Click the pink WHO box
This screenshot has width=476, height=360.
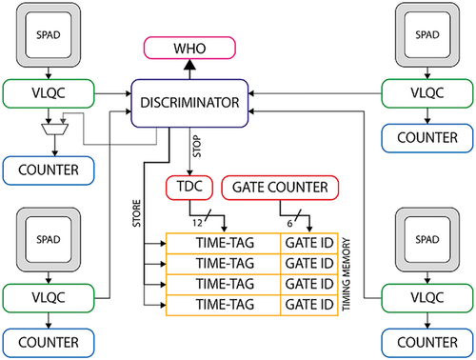pyautogui.click(x=189, y=48)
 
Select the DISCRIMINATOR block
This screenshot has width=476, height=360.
pyautogui.click(x=189, y=103)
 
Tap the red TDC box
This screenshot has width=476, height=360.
pyautogui.click(x=189, y=188)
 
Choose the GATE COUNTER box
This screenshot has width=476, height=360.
pyautogui.click(x=280, y=188)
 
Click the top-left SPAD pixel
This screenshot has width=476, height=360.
pyautogui.click(x=49, y=35)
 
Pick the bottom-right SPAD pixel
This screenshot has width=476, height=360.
pyautogui.click(x=427, y=239)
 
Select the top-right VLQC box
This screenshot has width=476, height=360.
pyautogui.click(x=427, y=93)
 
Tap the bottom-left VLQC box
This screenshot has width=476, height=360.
pyautogui.click(x=49, y=298)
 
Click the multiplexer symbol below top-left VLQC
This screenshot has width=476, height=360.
pyautogui.click(x=55, y=130)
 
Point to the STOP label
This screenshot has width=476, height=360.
pyautogui.click(x=197, y=146)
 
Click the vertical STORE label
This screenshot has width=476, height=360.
pyautogui.click(x=136, y=213)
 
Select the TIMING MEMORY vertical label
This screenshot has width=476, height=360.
pyautogui.click(x=346, y=274)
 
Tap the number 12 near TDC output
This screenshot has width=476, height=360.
pyautogui.click(x=197, y=223)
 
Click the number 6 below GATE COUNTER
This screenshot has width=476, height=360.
pyautogui.click(x=289, y=224)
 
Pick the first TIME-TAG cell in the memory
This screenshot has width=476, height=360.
pyautogui.click(x=224, y=243)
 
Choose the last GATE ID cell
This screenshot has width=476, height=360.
pyautogui.click(x=309, y=305)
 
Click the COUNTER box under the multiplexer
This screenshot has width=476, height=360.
pyautogui.click(x=49, y=170)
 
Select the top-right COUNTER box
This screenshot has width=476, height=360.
pyautogui.click(x=427, y=138)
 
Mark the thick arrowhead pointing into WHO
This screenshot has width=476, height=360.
pyautogui.click(x=189, y=65)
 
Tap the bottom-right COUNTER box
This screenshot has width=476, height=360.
pyautogui.click(x=427, y=343)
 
